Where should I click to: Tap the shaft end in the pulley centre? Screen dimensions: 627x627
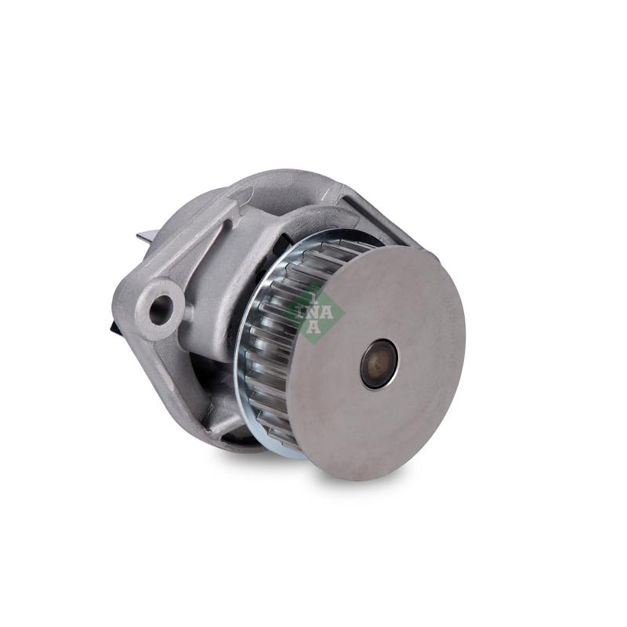pos(379,363)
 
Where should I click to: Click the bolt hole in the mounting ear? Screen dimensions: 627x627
pos(160,310)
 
